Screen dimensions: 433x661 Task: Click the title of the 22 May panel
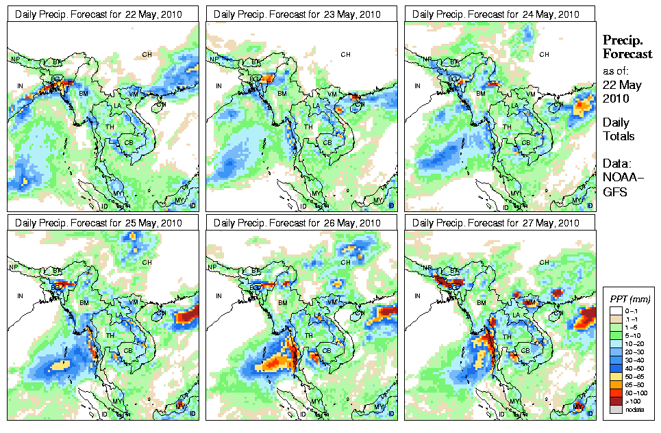click(102, 14)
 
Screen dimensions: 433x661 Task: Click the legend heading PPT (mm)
click(630, 299)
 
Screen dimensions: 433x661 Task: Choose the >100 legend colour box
click(614, 400)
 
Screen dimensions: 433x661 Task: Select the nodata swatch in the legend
click(614, 409)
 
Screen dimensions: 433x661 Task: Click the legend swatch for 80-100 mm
click(614, 392)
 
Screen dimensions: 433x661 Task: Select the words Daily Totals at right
click(619, 129)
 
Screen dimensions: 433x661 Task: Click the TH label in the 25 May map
click(110, 336)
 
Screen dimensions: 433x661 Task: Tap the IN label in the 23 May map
click(219, 86)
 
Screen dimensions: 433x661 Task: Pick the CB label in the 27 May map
click(526, 351)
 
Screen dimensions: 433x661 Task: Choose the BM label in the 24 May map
click(481, 92)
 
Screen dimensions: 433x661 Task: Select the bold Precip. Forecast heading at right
click(627, 47)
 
